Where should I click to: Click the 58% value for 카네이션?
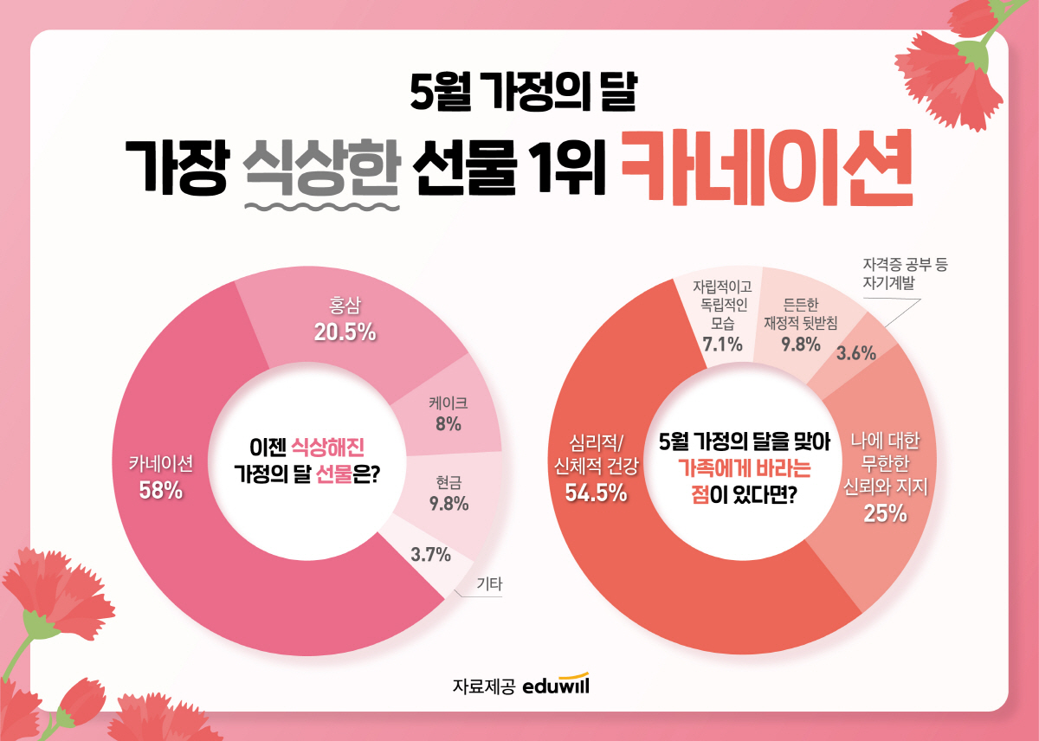pos(160,490)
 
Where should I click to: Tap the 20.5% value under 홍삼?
pos(345,331)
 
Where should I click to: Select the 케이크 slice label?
pos(448,403)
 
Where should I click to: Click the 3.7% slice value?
pos(430,555)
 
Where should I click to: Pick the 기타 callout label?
pos(489,584)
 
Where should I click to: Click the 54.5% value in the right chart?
pos(596,492)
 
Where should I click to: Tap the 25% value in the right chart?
pos(884,512)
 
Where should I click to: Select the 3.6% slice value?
pos(855,353)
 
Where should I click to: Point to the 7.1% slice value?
pos(722,345)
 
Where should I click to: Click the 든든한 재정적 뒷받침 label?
pos(800,314)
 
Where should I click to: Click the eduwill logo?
pos(556,684)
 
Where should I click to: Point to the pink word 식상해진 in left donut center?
pos(326,447)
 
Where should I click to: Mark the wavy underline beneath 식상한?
pos(323,208)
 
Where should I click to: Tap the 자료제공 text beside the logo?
pos(483,686)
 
